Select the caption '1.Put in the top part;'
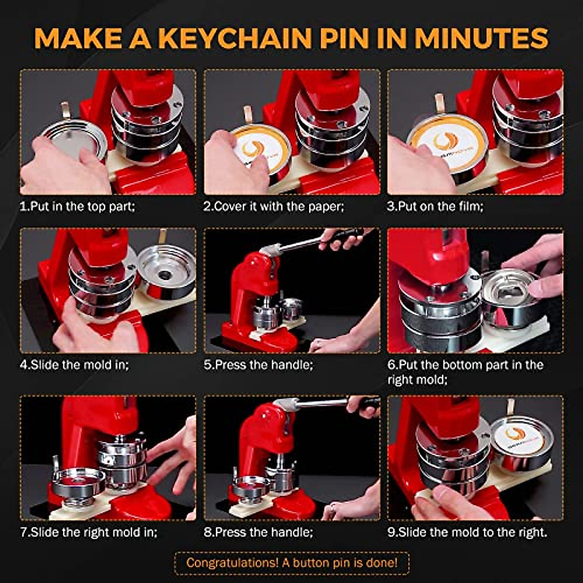coord(77,206)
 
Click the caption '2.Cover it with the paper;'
coord(274,206)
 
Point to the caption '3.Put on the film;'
coord(435,206)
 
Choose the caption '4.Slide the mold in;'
coord(74,364)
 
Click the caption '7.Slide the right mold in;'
coord(88,532)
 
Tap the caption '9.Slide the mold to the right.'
coord(467,532)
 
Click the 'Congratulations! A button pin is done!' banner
coord(291,563)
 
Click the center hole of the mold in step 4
coord(165,275)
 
